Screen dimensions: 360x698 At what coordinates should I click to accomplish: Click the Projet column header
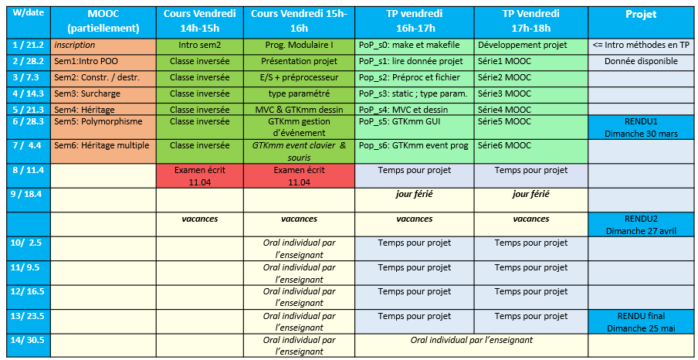point(641,15)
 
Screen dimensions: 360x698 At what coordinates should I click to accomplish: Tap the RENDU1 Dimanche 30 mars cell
point(641,127)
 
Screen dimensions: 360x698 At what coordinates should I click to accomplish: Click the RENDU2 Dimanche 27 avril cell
point(641,224)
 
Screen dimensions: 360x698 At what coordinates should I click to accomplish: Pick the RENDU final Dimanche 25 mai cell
point(641,321)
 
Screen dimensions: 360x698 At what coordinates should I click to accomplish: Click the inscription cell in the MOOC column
point(103,46)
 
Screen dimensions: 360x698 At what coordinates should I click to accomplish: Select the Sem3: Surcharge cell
point(103,93)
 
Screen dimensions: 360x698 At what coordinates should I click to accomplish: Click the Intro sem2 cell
point(199,46)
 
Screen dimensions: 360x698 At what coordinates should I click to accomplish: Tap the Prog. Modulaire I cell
point(299,46)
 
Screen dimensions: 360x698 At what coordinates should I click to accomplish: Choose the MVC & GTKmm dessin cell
point(299,109)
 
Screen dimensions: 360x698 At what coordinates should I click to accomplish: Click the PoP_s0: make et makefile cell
point(414,46)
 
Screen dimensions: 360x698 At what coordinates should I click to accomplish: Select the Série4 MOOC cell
point(530,109)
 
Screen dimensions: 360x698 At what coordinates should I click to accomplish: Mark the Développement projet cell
point(530,46)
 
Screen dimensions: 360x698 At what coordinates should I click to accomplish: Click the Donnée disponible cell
point(641,61)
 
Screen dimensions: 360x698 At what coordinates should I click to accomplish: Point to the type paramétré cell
point(299,93)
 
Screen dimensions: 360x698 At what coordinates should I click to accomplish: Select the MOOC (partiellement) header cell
point(103,21)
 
